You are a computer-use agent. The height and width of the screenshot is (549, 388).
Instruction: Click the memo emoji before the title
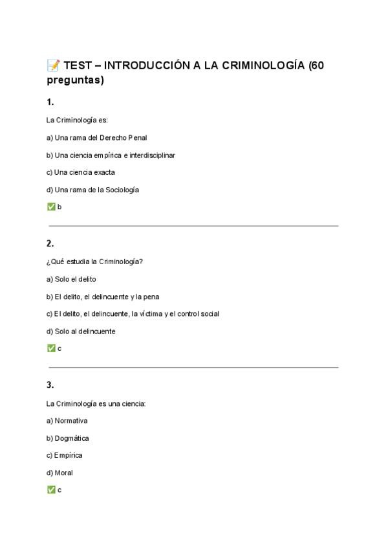point(53,65)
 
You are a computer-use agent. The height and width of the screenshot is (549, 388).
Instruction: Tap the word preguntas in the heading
point(75,80)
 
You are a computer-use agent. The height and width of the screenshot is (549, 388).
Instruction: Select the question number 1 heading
point(50,102)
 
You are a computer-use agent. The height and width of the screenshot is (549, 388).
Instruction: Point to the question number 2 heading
point(50,243)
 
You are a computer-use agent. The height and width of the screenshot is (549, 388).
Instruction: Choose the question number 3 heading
point(50,385)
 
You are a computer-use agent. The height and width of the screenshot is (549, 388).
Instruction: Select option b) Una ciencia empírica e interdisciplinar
point(111,155)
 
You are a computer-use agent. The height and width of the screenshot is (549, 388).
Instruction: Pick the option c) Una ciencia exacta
point(81,172)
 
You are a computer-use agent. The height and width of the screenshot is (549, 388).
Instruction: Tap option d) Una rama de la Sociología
point(92,190)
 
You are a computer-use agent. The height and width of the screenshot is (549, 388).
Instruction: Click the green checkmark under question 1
point(51,207)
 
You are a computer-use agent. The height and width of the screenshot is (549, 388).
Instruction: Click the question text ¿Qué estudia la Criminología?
point(94,262)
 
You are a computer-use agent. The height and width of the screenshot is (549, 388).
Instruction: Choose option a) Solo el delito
point(71,279)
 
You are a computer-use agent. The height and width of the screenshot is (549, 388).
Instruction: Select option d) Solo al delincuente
point(81,331)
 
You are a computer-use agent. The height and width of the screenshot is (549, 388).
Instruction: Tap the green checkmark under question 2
point(51,348)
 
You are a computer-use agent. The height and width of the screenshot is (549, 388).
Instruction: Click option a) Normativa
point(67,420)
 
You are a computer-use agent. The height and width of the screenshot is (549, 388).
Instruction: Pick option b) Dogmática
point(68,438)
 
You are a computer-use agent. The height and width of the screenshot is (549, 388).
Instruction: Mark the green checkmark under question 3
point(51,490)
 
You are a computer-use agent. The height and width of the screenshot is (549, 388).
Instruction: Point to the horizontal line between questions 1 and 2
point(193,226)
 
